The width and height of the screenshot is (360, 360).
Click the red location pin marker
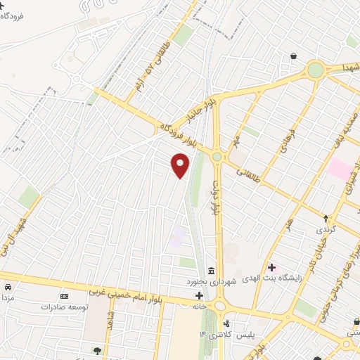tap(181, 165)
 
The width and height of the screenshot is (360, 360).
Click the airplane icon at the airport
tap(3, 5)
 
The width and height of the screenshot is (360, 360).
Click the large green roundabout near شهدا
tap(315, 70)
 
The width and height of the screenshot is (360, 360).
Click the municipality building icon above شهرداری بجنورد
tap(210, 271)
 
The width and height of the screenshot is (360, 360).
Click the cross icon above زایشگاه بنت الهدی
tap(271, 267)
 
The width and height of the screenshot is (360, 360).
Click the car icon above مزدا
tap(8, 288)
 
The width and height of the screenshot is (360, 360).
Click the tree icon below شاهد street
tap(96, 349)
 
